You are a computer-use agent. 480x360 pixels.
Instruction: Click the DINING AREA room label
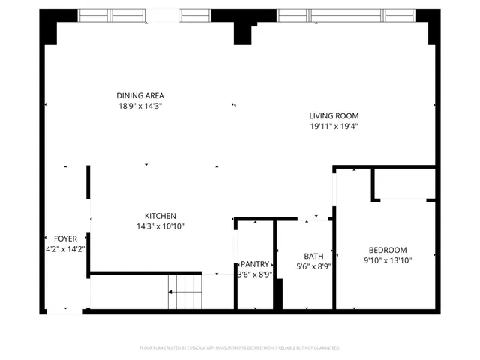tap(140, 95)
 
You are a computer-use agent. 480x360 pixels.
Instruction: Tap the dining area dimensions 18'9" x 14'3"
tap(140, 106)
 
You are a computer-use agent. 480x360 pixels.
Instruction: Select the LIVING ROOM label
tap(334, 115)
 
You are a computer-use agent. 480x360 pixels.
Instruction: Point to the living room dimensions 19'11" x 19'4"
tap(334, 127)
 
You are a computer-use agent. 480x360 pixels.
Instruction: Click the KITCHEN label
tap(160, 215)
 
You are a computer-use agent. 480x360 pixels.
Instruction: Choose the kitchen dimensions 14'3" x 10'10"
tap(160, 226)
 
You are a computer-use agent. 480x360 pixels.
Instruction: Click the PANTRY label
tap(255, 264)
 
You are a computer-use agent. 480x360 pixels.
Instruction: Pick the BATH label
tap(313, 256)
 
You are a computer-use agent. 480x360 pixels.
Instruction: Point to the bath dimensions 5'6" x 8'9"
tap(313, 266)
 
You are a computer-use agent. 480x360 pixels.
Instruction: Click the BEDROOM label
tap(387, 250)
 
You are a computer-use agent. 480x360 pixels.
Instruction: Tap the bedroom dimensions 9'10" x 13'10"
tap(387, 261)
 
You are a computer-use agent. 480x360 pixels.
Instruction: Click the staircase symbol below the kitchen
tap(184, 291)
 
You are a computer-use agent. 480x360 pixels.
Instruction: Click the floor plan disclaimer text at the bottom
tap(240, 348)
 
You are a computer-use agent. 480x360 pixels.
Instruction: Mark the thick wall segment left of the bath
tap(277, 294)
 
